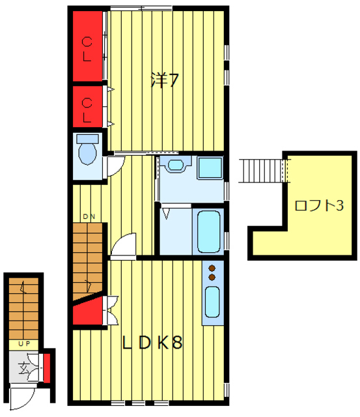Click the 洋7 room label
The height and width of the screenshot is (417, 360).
click(165, 79)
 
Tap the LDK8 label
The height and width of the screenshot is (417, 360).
click(152, 342)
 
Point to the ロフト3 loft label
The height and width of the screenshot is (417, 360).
click(319, 205)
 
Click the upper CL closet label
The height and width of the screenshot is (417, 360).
click(87, 50)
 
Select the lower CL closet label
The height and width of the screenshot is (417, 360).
click(87, 110)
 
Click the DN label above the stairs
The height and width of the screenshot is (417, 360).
click(89, 216)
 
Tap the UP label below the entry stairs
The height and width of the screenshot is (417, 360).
click(24, 344)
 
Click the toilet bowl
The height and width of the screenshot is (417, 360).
click(88, 154)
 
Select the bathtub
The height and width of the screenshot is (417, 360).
click(209, 232)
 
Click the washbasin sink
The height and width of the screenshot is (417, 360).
click(176, 165)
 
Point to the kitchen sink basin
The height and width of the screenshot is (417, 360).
click(212, 302)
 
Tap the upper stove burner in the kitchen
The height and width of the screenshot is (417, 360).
click(212, 268)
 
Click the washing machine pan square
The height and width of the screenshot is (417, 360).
click(210, 167)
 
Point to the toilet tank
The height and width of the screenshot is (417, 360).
click(88, 139)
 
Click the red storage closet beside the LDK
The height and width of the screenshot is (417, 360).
click(88, 311)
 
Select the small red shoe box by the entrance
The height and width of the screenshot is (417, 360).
click(47, 369)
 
